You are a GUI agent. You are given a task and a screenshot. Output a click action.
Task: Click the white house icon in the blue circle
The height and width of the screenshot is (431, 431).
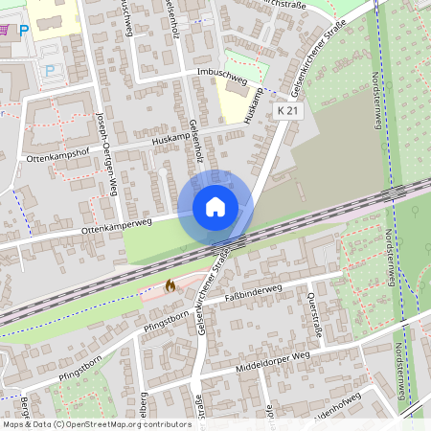(x=215, y=207)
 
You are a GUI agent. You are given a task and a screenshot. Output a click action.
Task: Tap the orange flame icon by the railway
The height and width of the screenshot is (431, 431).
(x=170, y=284)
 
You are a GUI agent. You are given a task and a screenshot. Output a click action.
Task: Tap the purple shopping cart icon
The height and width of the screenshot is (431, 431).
(x=6, y=30)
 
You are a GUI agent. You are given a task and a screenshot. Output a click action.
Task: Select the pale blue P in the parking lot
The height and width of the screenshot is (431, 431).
(x=50, y=70)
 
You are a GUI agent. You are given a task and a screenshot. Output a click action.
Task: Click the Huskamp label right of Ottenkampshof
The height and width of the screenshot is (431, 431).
(x=171, y=140)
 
